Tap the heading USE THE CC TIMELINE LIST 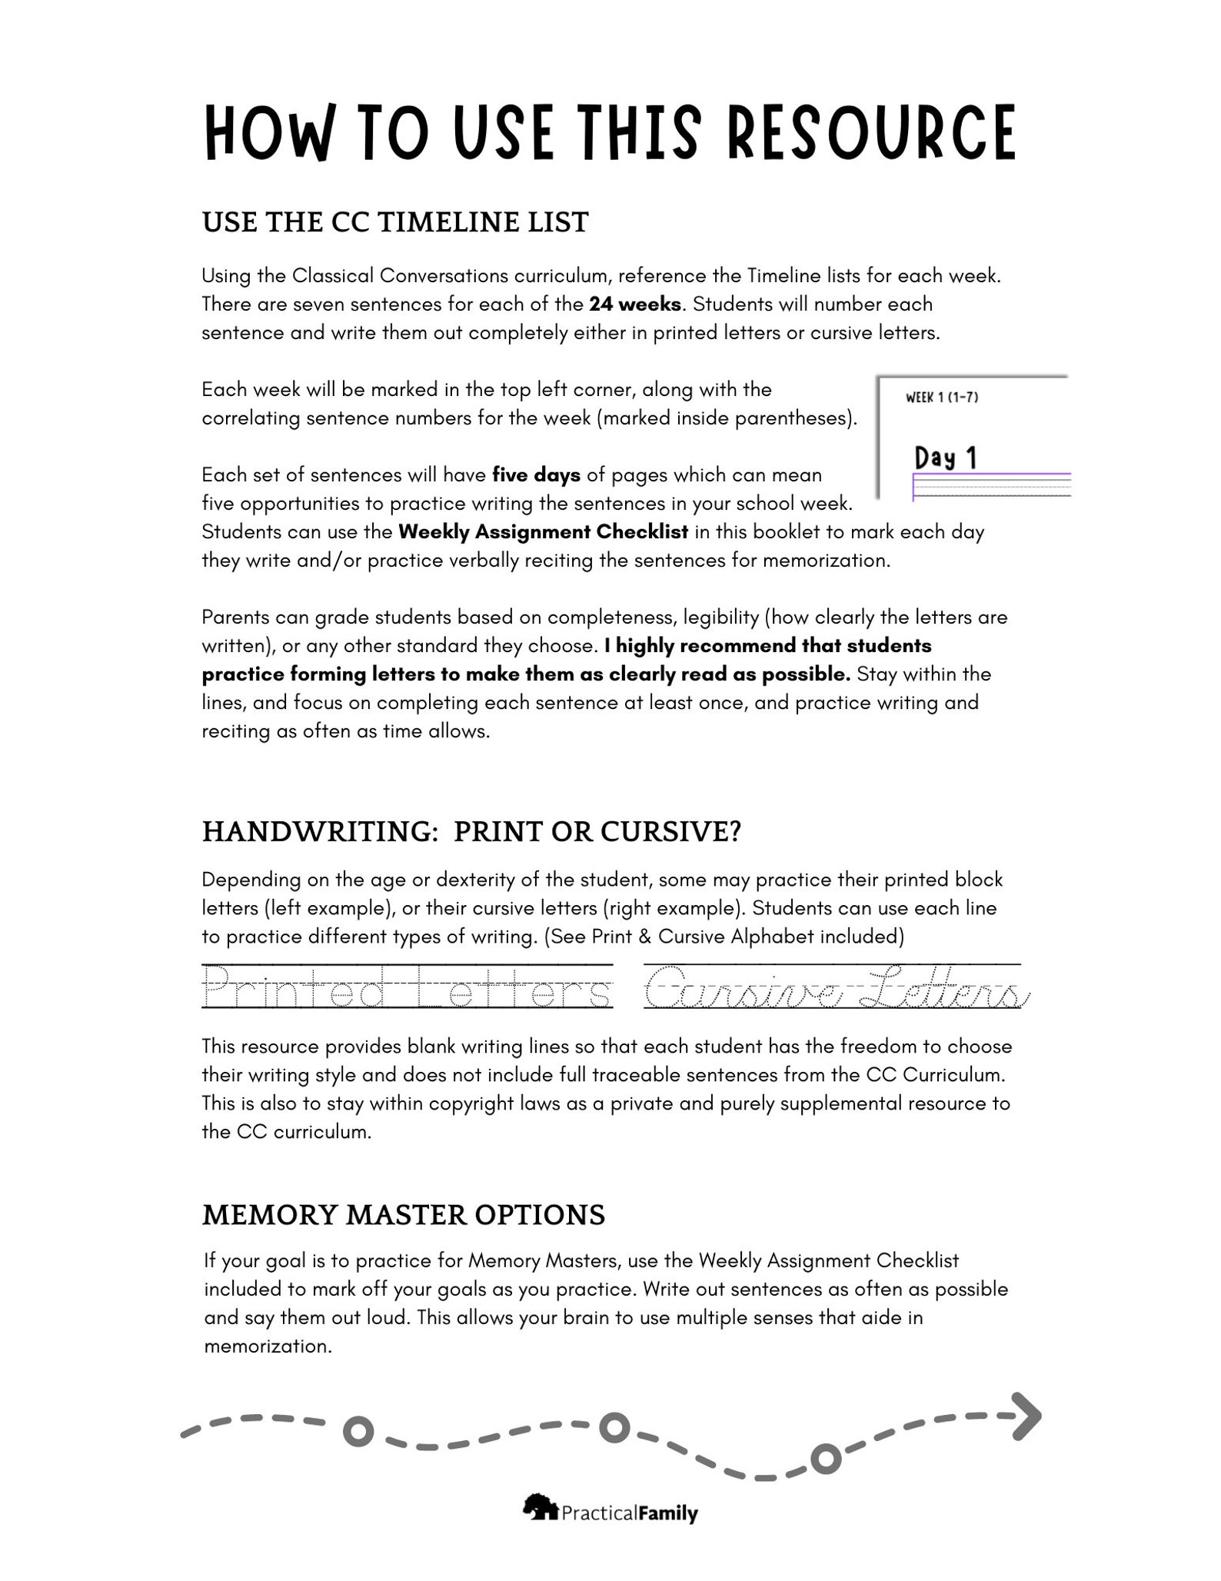pyautogui.click(x=395, y=222)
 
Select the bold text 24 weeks pyautogui.click(x=635, y=305)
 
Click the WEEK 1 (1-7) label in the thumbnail pyautogui.click(x=941, y=398)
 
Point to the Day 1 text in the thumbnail pyautogui.click(x=945, y=458)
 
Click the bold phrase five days pyautogui.click(x=536, y=475)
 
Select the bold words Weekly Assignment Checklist pyautogui.click(x=543, y=532)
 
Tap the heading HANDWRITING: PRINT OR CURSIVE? pyautogui.click(x=471, y=832)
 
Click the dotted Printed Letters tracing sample pyautogui.click(x=408, y=987)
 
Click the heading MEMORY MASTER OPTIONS pyautogui.click(x=404, y=1215)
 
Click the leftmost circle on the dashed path pyautogui.click(x=358, y=1431)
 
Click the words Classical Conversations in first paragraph pyautogui.click(x=401, y=276)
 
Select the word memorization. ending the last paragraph pyautogui.click(x=268, y=1346)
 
